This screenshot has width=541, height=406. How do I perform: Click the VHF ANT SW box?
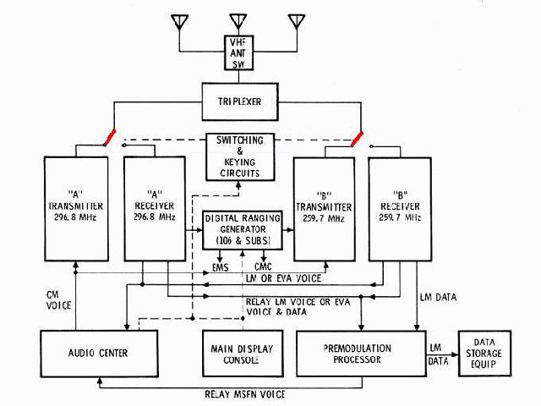(x=237, y=53)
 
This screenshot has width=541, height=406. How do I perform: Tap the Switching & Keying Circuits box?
(x=239, y=156)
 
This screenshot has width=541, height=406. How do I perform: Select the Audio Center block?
(x=99, y=353)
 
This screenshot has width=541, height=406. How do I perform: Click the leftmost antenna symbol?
(x=180, y=22)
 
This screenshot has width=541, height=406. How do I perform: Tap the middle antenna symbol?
(x=237, y=22)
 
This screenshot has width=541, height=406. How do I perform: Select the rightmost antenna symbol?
(x=295, y=22)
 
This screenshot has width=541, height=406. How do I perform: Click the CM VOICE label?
(x=57, y=300)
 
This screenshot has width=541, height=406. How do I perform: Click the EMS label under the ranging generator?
(x=221, y=268)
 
